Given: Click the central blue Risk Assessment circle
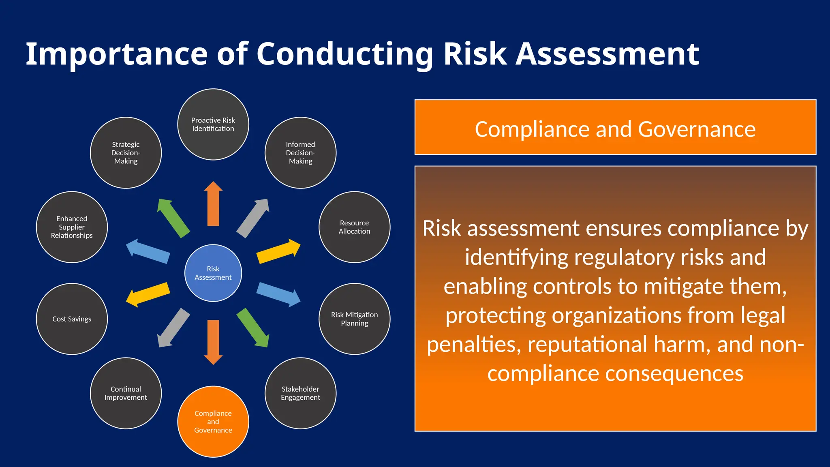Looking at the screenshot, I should (213, 273).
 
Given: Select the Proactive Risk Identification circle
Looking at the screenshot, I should (213, 124).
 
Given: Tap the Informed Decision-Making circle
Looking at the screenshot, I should (300, 152).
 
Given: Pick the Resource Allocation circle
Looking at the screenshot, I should (354, 227).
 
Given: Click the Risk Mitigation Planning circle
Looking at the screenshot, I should (354, 319).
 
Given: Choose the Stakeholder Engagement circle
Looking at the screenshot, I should (300, 393).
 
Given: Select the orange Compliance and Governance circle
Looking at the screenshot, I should (213, 422).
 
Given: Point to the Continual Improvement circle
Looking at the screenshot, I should (126, 393).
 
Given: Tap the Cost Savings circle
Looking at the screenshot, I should (72, 319).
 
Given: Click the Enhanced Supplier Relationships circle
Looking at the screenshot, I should (72, 227).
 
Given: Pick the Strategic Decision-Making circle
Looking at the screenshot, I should (126, 152).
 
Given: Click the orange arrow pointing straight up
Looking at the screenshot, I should (213, 205).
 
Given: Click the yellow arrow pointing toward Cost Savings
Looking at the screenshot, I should (148, 294).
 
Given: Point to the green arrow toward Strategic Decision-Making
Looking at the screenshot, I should (173, 218).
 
